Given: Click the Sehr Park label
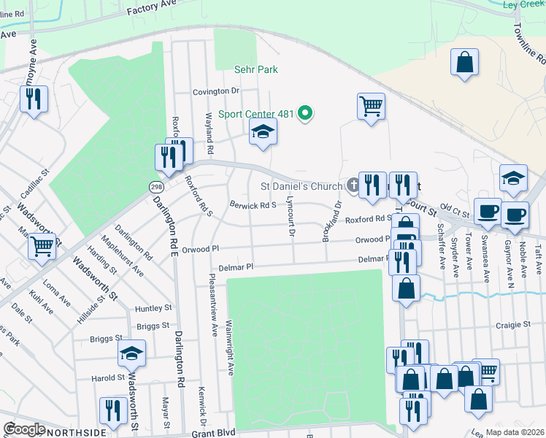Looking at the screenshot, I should pos(256,70).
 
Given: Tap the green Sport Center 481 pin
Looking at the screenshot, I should pos(307,114).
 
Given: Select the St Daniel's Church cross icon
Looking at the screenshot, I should pos(353,186).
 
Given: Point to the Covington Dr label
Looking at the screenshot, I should pos(216,91).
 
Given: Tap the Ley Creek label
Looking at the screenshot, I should pos(524,4).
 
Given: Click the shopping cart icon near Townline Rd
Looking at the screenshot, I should pos(371,106).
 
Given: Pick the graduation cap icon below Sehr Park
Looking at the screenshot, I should pos(264,132).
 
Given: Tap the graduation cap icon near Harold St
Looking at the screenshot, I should pos(132,354).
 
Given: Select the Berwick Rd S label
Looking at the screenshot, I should pos(253,205).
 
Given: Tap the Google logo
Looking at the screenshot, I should pos(24,429).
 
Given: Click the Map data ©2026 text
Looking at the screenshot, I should pos(515,432).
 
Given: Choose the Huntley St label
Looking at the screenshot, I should pos(153,308).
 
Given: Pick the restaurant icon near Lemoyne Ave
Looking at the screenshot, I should pos(34,99).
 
